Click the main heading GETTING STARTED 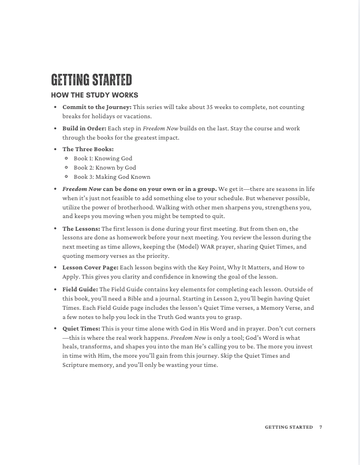(x=91, y=80)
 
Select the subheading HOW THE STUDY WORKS (x=94, y=95)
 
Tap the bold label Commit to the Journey (x=96, y=107)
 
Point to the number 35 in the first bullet (x=210, y=107)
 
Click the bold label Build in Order (x=84, y=128)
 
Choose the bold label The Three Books (x=88, y=149)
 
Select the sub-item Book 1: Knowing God (x=103, y=158)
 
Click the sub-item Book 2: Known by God (x=104, y=167)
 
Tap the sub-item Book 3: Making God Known (x=111, y=177)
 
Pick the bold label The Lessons (x=81, y=228)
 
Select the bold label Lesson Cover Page (x=90, y=268)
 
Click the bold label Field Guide (x=80, y=289)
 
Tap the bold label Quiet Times (x=81, y=328)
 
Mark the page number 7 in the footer (x=320, y=427)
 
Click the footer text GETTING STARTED (x=288, y=427)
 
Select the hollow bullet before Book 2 (x=67, y=167)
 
